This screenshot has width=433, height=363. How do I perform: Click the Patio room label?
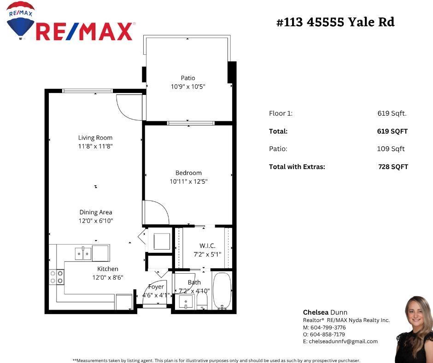tap(188, 78)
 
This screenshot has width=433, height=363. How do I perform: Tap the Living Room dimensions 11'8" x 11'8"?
tap(95, 146)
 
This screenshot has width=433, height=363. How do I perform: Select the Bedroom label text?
tap(188, 173)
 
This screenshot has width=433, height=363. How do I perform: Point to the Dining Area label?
tap(96, 212)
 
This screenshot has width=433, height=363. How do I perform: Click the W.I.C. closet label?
tap(207, 246)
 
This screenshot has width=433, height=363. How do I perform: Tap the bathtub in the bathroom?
tap(222, 291)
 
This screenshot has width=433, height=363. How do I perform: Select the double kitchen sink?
tap(83, 254)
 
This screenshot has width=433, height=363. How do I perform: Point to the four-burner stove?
tap(57, 277)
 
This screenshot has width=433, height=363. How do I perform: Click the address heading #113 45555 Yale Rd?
tap(335, 22)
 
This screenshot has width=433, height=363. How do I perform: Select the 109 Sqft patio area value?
tap(391, 149)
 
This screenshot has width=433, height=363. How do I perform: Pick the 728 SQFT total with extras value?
tap(393, 167)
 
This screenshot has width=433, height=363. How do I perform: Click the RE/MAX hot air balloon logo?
tap(20, 20)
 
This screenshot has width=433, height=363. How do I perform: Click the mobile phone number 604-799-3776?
tap(328, 328)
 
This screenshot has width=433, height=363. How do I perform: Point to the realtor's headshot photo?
tap(414, 329)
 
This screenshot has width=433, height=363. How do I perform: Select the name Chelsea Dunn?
tap(325, 312)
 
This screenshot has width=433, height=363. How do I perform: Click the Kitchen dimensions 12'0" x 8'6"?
tap(108, 277)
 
